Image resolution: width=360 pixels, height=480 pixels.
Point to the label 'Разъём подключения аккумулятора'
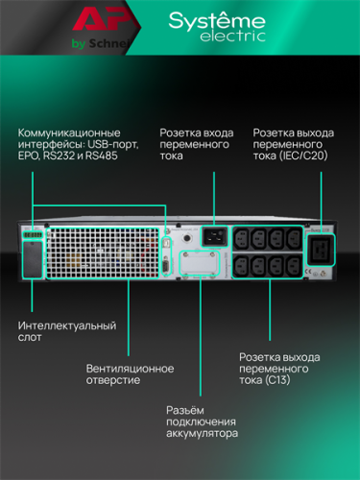pos(203,420)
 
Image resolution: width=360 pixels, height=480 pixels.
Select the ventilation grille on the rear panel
pos(96,252)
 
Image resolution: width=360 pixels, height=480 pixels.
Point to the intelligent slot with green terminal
pos(32,252)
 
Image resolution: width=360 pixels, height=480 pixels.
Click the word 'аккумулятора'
pos(203,434)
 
